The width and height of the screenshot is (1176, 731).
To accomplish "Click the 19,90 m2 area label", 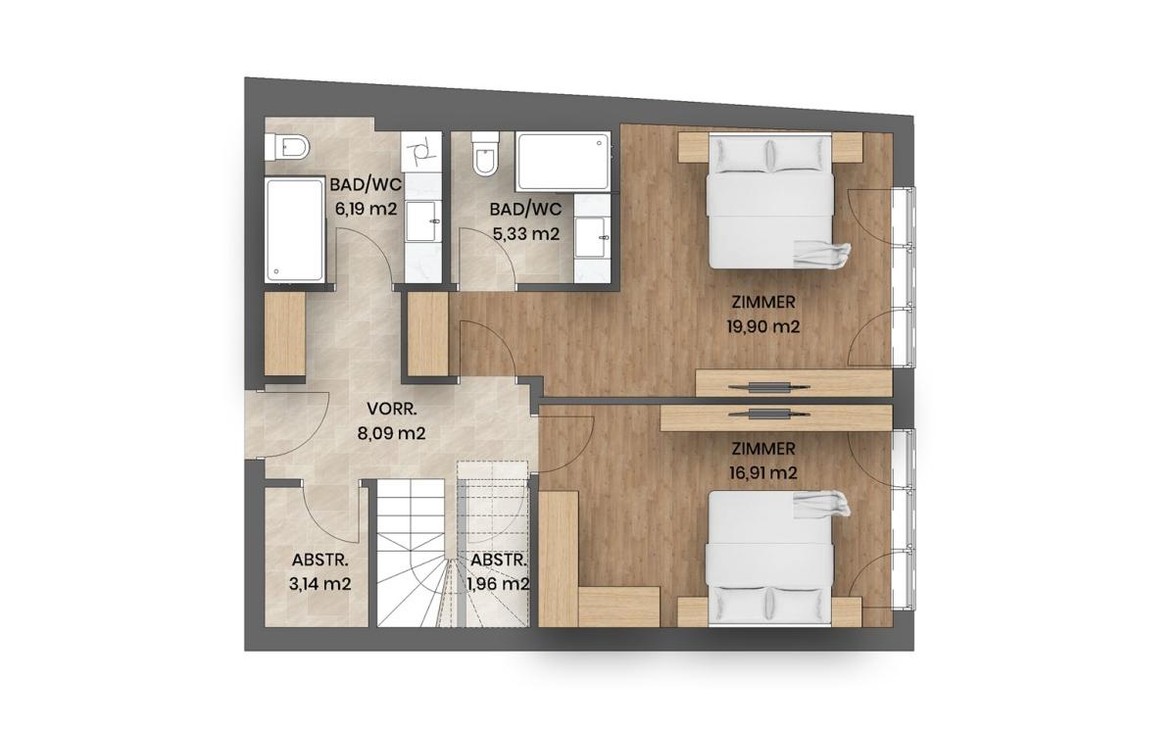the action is (762, 327).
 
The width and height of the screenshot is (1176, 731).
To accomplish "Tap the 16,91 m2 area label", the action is (762, 473).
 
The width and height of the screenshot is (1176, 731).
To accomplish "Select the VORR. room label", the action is (392, 409).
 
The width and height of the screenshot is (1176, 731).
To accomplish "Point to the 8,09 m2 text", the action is (391, 433).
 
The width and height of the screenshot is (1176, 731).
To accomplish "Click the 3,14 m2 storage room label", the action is (319, 584).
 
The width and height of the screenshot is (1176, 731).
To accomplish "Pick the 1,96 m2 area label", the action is (498, 584).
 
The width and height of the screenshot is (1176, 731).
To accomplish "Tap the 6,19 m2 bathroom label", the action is (366, 209).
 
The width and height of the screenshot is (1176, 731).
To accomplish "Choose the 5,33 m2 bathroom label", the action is (526, 233).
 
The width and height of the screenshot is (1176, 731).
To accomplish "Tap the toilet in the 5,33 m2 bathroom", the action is (485, 153).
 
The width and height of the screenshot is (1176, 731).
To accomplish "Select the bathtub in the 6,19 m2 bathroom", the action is (294, 230).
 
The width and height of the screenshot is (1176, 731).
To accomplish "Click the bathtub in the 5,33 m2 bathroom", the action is (563, 161).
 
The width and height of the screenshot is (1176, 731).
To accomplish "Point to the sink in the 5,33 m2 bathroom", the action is (592, 237).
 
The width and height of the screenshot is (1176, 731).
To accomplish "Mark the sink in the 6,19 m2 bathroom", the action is (422, 220).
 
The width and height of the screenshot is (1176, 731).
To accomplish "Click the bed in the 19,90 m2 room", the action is (770, 201).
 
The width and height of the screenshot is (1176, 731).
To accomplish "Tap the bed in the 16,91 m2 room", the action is (770, 559).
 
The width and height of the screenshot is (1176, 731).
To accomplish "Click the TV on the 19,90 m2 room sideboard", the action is (769, 388).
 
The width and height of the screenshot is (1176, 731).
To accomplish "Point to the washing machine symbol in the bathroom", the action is (421, 150).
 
